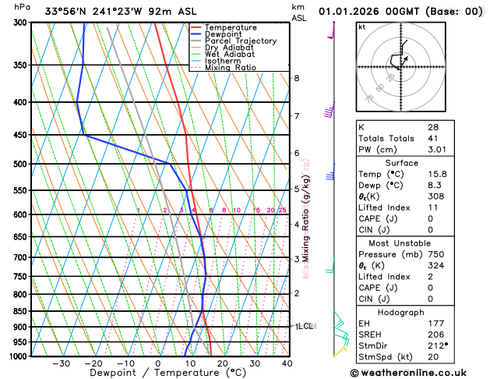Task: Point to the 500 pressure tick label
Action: click(x=19, y=164)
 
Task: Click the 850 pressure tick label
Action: click(x=19, y=311)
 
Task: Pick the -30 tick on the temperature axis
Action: click(x=61, y=363)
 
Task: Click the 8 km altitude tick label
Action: click(x=296, y=78)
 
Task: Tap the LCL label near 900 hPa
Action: click(x=305, y=326)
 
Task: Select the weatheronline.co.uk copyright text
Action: click(x=419, y=372)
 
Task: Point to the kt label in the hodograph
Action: click(x=361, y=27)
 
